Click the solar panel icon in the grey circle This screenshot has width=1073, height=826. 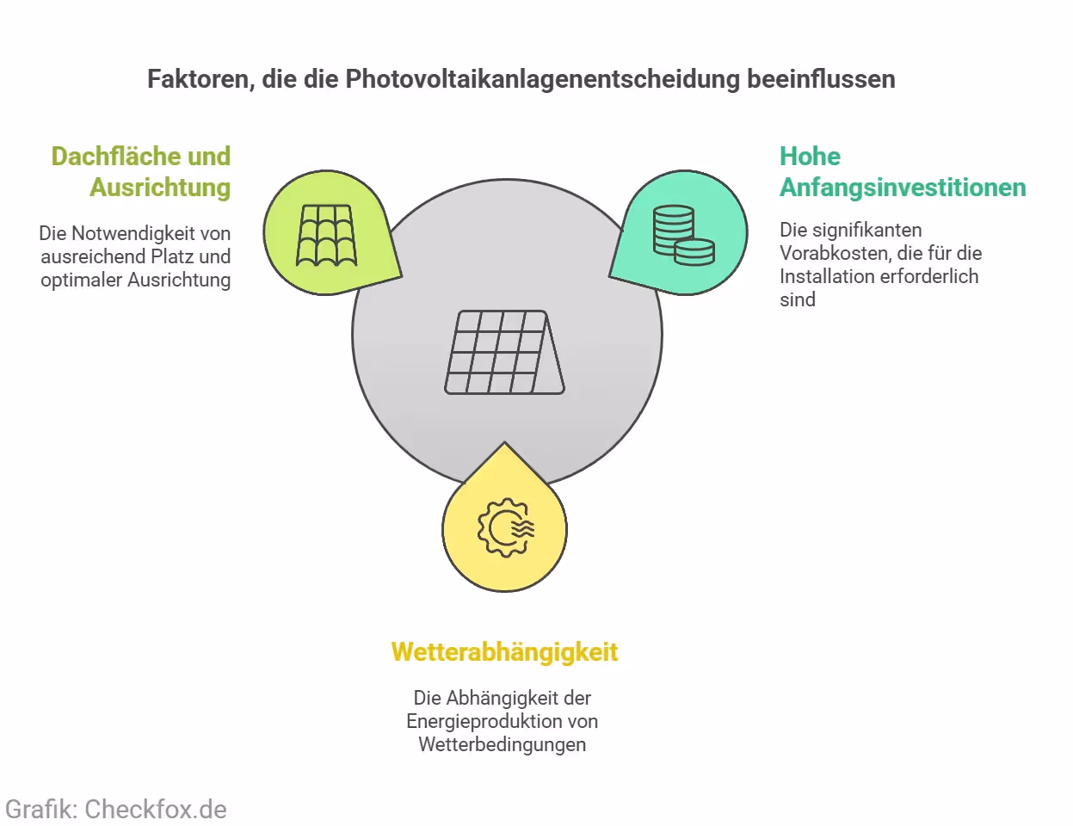click(x=504, y=353)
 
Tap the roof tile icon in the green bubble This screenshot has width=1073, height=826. click(x=326, y=235)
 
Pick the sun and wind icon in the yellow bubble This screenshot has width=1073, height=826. click(x=506, y=527)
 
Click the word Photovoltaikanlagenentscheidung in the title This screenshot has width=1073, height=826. click(x=542, y=79)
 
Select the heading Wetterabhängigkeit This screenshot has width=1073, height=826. click(x=504, y=652)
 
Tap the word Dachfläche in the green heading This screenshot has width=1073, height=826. click(x=115, y=157)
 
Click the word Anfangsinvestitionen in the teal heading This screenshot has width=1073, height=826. click(x=903, y=188)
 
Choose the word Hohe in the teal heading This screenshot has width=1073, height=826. click(x=810, y=157)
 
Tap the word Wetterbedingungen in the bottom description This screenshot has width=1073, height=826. click(x=503, y=744)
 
